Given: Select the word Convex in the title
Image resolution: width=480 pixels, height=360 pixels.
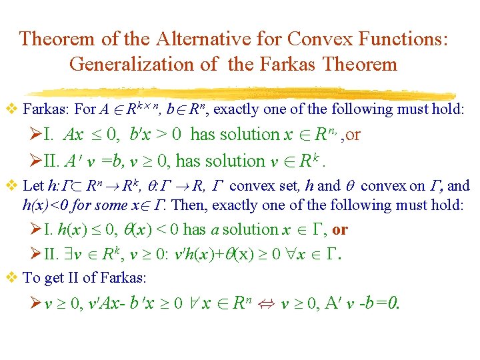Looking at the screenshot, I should pos(313,38).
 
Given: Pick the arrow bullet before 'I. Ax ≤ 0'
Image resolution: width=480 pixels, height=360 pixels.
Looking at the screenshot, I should pos(49,135).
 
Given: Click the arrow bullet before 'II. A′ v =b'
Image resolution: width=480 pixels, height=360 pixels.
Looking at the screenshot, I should pos(49,161).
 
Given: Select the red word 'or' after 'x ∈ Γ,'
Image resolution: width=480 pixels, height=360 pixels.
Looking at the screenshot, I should pos(340,230).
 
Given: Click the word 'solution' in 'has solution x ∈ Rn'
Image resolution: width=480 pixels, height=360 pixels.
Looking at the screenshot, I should pos(247,135).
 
